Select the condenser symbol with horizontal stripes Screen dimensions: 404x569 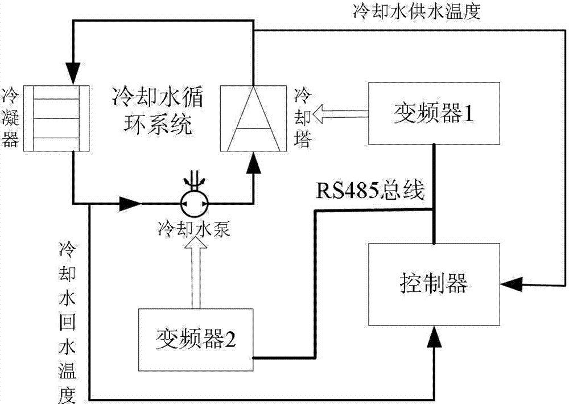click(x=56, y=118)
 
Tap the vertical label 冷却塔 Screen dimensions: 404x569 click(x=304, y=118)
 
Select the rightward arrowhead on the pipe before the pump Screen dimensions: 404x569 click(x=131, y=202)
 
